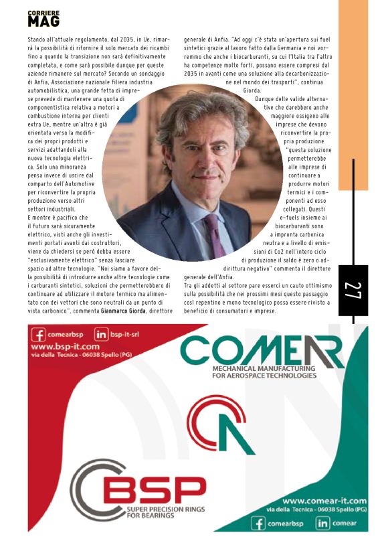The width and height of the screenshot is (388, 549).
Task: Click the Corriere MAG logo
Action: (x=43, y=19)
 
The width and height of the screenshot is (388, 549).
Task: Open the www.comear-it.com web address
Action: (x=324, y=501)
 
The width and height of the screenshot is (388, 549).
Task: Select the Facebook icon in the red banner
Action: (x=38, y=334)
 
